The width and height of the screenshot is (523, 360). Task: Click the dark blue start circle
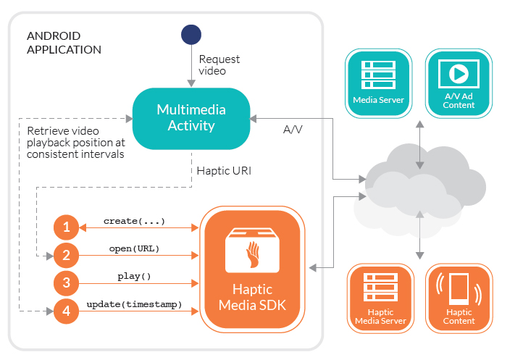pos(191,35)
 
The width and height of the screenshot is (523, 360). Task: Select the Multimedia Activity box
pos(191,118)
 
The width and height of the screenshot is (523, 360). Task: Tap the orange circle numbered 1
pos(66,227)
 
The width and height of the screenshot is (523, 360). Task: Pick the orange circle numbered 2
pos(66,255)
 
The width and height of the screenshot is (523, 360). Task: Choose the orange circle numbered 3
pos(66,283)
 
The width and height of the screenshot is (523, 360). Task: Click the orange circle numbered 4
pos(66,311)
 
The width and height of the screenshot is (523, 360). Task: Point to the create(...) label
pos(134,220)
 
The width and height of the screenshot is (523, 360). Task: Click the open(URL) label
pos(134,248)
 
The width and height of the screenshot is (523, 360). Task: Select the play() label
pos(134,276)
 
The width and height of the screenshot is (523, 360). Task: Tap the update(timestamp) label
pos(134,304)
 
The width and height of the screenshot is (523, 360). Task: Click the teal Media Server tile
pos(378,82)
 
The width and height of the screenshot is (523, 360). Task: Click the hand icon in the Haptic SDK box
pos(253,251)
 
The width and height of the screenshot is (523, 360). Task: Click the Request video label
pos(219,65)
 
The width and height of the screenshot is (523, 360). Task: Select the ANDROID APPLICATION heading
pos(64,43)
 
